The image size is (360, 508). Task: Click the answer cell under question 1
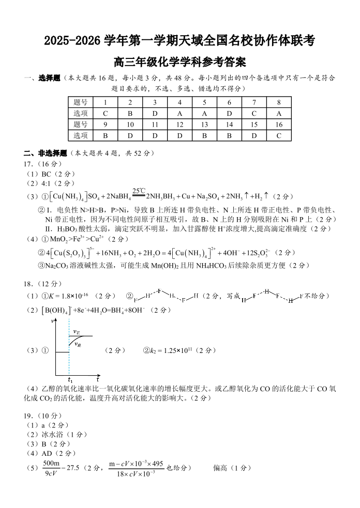105,113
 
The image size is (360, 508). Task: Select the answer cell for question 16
279,135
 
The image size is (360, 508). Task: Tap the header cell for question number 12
179,125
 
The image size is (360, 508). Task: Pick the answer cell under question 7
254,113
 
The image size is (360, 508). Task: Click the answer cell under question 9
105,135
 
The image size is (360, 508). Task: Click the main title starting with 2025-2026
179,40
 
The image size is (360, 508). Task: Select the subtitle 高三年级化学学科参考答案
179,62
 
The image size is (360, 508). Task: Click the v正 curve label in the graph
77,332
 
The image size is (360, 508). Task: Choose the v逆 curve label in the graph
78,344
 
